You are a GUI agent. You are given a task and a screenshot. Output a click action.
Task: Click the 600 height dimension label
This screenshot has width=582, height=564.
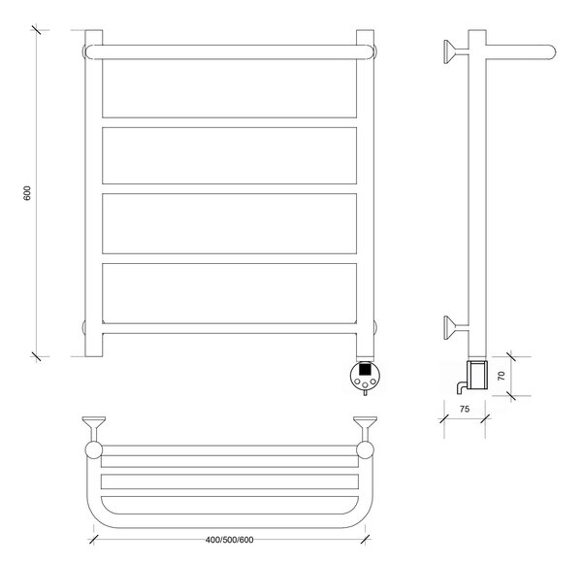[x=27, y=193]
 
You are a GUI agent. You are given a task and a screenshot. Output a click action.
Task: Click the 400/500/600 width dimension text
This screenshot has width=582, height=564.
[x=229, y=540]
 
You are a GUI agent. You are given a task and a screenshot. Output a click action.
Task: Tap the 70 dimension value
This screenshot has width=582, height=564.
[x=501, y=376]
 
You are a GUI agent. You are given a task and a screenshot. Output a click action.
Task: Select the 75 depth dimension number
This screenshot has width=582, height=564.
[x=465, y=409]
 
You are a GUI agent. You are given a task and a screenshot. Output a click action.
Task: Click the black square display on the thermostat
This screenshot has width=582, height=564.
[x=366, y=369]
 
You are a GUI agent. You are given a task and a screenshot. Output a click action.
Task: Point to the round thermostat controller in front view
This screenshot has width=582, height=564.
[x=366, y=376]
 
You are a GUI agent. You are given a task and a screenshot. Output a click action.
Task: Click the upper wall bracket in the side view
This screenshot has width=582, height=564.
[x=456, y=51]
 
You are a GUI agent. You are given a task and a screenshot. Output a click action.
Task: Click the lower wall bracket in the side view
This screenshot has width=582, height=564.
[x=456, y=327]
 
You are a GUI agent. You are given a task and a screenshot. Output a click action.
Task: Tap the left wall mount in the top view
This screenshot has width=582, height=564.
[x=93, y=428]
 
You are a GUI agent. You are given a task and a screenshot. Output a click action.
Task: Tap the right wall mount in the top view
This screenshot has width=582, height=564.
[x=366, y=428]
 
